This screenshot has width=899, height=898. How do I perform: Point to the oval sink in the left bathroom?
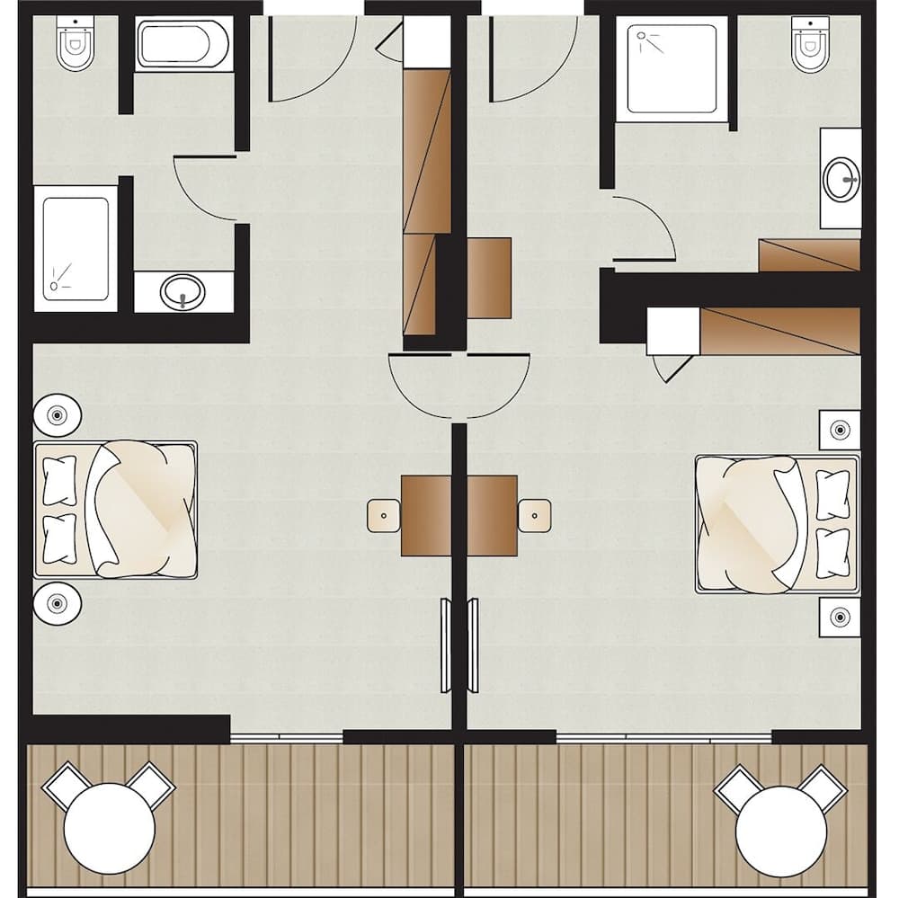[x=183, y=291]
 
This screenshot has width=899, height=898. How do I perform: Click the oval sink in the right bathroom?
[x=841, y=178]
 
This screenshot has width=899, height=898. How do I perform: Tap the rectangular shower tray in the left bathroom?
[x=76, y=243]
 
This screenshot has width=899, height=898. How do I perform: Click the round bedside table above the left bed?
[x=58, y=415]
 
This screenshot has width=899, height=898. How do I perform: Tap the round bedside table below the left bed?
[x=58, y=602]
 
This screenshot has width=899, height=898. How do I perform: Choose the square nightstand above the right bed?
[x=840, y=430]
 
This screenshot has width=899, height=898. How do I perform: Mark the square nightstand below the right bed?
[x=840, y=617]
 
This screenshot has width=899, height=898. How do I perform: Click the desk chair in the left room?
[x=384, y=515]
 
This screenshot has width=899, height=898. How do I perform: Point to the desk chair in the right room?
[x=535, y=515]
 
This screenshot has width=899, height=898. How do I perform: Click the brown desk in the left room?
[x=426, y=515]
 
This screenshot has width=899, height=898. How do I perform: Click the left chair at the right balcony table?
[x=738, y=788]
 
